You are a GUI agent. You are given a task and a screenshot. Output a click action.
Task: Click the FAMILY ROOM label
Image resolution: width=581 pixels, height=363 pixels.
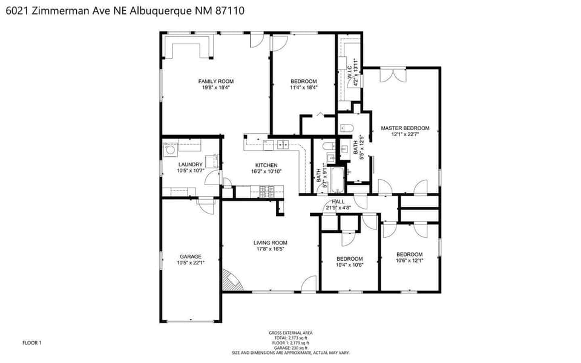coord(216,81)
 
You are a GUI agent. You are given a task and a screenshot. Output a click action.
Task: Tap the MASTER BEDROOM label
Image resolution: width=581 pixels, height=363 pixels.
coord(405,128)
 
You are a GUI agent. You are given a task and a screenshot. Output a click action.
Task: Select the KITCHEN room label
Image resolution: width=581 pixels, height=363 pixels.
coord(266,165)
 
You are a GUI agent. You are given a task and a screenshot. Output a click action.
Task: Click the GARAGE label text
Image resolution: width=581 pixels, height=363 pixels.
coord(191,257)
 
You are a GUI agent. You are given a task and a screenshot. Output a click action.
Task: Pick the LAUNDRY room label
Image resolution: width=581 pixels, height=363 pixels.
coord(190,165)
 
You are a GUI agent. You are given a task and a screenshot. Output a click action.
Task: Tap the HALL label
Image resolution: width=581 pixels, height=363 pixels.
coord(338,201)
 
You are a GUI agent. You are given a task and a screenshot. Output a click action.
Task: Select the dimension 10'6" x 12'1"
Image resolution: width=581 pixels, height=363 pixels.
coord(410,261)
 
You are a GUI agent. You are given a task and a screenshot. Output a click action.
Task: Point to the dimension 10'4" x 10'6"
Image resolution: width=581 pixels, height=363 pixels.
coord(350,265)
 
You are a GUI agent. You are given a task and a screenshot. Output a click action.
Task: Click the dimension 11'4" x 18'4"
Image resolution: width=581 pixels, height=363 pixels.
coord(304,88)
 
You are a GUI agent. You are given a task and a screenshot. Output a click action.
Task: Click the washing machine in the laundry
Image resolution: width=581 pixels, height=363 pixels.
coord(171,148)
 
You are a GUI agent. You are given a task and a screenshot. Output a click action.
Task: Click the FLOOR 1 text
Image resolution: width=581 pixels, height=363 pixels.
coord(32,343)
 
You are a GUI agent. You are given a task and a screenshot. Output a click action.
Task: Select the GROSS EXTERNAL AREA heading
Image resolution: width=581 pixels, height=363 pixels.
coord(290,332)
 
